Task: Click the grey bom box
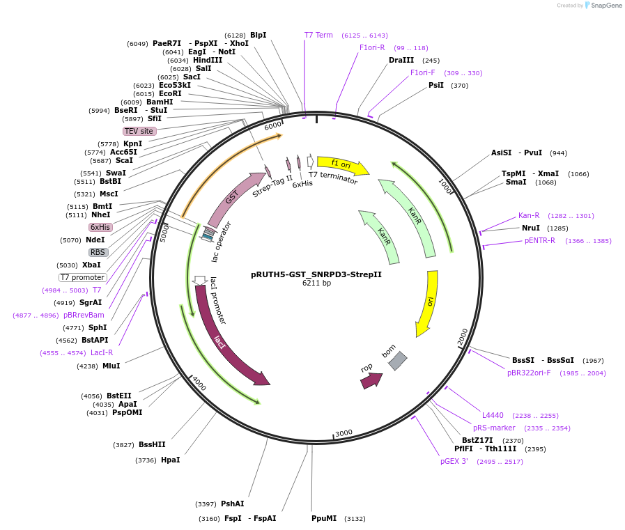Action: (398, 361)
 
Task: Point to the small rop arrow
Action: (371, 380)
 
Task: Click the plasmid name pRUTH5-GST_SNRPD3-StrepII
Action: (316, 274)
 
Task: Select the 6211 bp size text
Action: (316, 283)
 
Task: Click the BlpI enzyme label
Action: (259, 35)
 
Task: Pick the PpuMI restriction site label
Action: (324, 518)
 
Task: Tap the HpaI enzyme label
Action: (170, 460)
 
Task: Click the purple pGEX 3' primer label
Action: (454, 462)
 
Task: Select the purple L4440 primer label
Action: (493, 415)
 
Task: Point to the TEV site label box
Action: (139, 131)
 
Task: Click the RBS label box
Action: (98, 252)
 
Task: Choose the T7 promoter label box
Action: (82, 277)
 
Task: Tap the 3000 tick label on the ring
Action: (344, 433)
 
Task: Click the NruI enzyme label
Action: (531, 228)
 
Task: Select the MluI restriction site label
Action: (111, 366)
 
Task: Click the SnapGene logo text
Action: (605, 5)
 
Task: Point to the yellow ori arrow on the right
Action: (427, 303)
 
